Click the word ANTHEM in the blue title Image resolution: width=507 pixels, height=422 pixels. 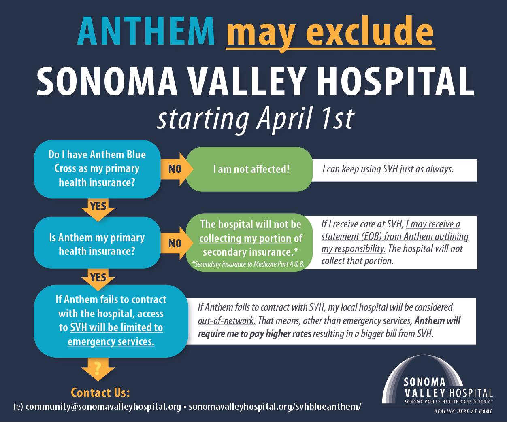click(x=146, y=31)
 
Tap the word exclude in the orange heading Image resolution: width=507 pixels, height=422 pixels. click(x=370, y=31)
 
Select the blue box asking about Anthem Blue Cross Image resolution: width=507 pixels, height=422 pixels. click(x=97, y=169)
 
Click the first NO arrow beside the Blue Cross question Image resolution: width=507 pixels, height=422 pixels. click(x=177, y=169)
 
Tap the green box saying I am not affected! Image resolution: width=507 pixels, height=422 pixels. click(x=249, y=169)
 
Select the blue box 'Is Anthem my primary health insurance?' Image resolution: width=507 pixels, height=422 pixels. click(x=97, y=242)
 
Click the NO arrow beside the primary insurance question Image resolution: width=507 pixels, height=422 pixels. click(x=177, y=243)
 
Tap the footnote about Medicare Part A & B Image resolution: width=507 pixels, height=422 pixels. click(x=248, y=264)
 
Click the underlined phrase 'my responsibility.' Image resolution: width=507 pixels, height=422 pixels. click(x=354, y=249)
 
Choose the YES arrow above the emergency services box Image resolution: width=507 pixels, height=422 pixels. click(x=98, y=280)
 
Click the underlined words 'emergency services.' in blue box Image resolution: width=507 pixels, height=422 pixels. click(x=111, y=342)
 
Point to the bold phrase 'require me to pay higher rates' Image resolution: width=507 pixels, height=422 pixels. click(x=254, y=334)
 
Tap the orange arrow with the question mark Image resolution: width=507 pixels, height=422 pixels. click(x=98, y=369)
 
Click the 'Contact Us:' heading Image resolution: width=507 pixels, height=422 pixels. click(x=100, y=392)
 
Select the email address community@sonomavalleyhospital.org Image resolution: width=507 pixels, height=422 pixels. click(x=103, y=407)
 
